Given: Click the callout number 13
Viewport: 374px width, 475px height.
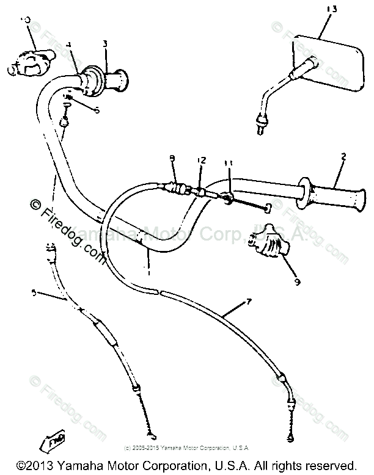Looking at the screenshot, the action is (x=332, y=10).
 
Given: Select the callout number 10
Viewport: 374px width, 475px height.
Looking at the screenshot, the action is (x=25, y=21).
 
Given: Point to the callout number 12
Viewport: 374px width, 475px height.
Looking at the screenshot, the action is (x=202, y=160).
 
